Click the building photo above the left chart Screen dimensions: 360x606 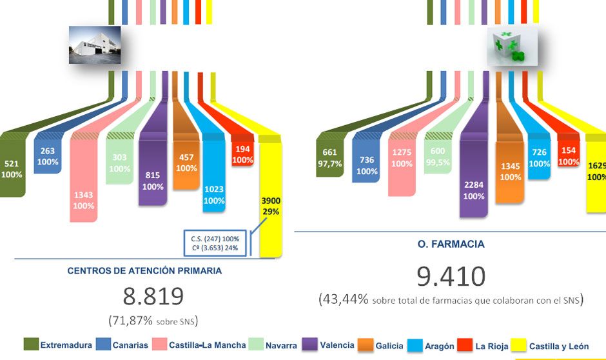(x=94, y=45)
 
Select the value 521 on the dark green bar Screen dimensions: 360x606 (x=13, y=164)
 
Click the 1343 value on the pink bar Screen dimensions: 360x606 (x=84, y=195)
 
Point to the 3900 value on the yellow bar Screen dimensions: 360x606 (x=271, y=201)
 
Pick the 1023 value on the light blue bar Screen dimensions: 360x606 (x=214, y=190)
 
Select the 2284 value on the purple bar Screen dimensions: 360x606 (x=473, y=185)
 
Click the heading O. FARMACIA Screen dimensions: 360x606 (x=451, y=245)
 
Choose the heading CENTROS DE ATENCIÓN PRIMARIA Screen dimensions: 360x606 (x=144, y=271)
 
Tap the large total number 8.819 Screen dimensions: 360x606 (x=153, y=297)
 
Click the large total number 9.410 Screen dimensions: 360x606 (x=451, y=276)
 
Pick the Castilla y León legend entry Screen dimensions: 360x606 (x=558, y=346)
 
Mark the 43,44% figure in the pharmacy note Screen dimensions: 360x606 (x=344, y=299)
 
